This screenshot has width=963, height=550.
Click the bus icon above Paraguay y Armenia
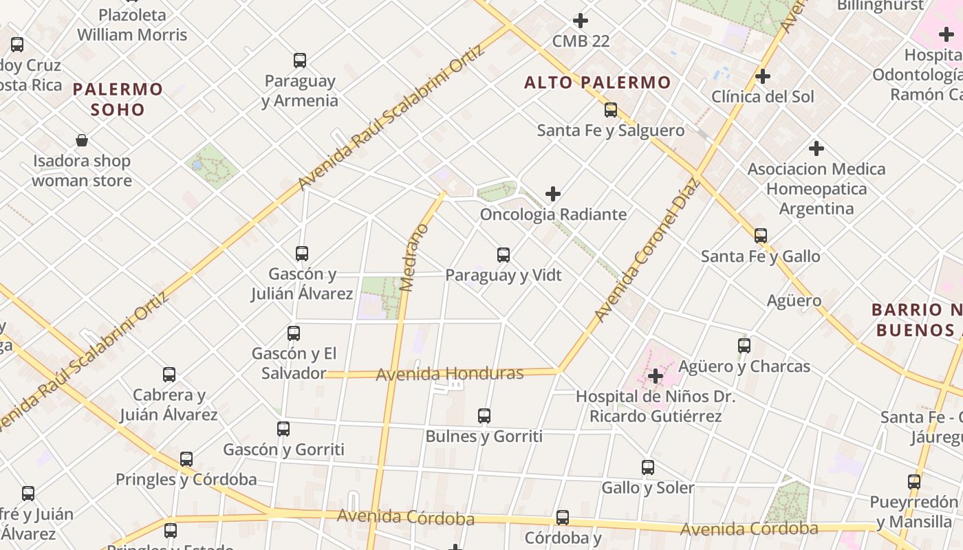click(x=300, y=60)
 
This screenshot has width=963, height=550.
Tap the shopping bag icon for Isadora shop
click(x=82, y=141)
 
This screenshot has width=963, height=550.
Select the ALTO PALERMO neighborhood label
click(x=597, y=83)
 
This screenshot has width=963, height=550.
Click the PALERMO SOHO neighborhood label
click(x=118, y=99)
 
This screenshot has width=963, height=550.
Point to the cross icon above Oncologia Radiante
click(x=553, y=194)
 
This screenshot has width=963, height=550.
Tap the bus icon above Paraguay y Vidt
click(x=504, y=255)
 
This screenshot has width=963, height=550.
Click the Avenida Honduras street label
click(x=450, y=374)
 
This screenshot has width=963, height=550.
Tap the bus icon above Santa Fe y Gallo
click(x=761, y=236)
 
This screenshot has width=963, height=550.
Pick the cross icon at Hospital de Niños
click(x=656, y=376)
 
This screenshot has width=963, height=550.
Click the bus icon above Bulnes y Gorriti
click(x=484, y=416)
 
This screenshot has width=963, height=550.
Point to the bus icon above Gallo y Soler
click(x=648, y=467)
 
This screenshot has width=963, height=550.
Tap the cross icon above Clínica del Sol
click(x=763, y=76)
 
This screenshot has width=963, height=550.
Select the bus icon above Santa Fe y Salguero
click(x=611, y=110)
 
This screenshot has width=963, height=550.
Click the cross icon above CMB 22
click(x=581, y=21)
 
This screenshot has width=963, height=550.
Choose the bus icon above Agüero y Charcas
click(x=744, y=346)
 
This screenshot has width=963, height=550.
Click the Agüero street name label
click(x=794, y=300)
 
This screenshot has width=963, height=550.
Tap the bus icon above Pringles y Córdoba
click(x=186, y=459)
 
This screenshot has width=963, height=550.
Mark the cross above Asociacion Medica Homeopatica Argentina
click(x=816, y=148)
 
